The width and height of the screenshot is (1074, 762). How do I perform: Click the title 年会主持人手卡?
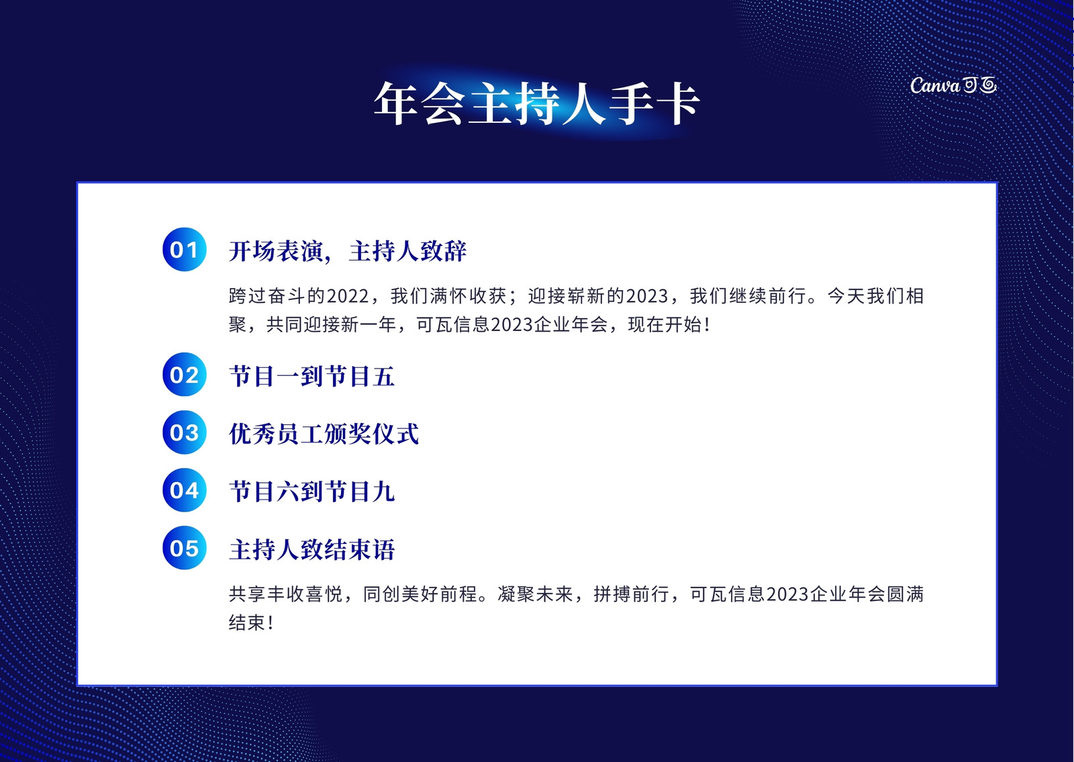pyautogui.click(x=536, y=103)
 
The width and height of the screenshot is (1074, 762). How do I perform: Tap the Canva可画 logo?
pyautogui.click(x=953, y=85)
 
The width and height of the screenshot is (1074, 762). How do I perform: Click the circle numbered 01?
pyautogui.click(x=185, y=249)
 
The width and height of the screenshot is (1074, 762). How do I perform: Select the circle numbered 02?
pyautogui.click(x=185, y=375)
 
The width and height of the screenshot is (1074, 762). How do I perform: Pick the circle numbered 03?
pyautogui.click(x=185, y=432)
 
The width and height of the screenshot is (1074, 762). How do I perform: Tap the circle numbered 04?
pyautogui.click(x=185, y=490)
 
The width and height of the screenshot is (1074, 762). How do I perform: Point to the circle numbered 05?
pyautogui.click(x=185, y=548)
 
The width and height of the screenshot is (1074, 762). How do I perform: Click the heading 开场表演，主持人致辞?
pyautogui.click(x=348, y=251)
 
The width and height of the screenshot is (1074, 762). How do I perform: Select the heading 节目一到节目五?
pyautogui.click(x=312, y=376)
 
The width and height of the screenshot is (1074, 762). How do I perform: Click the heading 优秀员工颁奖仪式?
pyautogui.click(x=324, y=434)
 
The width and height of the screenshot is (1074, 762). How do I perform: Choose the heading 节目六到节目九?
pyautogui.click(x=312, y=491)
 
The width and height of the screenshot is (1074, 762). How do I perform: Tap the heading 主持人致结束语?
pyautogui.click(x=312, y=549)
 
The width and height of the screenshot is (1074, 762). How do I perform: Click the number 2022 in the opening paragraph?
pyautogui.click(x=348, y=296)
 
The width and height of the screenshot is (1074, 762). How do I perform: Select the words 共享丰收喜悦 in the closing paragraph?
pyautogui.click(x=286, y=594)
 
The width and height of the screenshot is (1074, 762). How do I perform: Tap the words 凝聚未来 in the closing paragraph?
pyautogui.click(x=535, y=594)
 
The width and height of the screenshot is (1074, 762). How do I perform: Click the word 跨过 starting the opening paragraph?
pyautogui.click(x=248, y=296)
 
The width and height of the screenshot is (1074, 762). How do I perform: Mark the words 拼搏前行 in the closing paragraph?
pyautogui.click(x=632, y=594)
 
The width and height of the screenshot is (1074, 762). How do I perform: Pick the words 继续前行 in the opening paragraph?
pyautogui.click(x=767, y=296)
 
